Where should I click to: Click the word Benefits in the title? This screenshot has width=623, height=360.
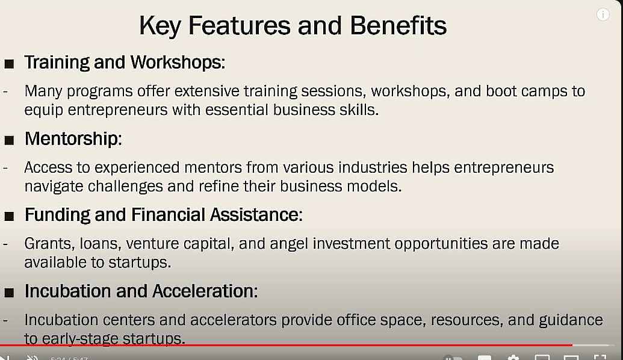pyautogui.click(x=398, y=25)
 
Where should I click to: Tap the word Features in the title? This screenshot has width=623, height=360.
pyautogui.click(x=240, y=25)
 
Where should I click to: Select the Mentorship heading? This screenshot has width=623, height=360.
pyautogui.click(x=73, y=138)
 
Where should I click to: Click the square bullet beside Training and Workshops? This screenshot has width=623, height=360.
pyautogui.click(x=9, y=64)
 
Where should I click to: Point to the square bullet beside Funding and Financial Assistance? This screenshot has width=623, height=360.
pyautogui.click(x=9, y=216)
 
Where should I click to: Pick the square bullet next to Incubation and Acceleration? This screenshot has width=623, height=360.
pyautogui.click(x=9, y=293)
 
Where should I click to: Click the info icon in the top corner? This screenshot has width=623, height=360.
pyautogui.click(x=603, y=14)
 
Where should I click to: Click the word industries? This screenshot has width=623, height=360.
pyautogui.click(x=373, y=167)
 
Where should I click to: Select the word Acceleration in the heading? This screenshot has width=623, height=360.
pyautogui.click(x=205, y=291)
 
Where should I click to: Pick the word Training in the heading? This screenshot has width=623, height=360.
pyautogui.click(x=57, y=63)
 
